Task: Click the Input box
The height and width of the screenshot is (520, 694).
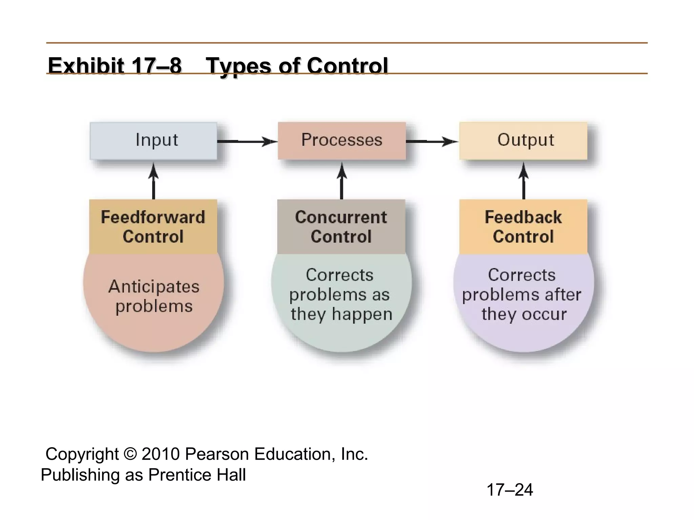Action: click(x=154, y=140)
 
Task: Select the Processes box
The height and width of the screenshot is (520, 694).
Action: click(x=342, y=140)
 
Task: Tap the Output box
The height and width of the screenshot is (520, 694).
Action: click(x=523, y=140)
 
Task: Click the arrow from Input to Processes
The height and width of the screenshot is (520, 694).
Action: click(x=247, y=141)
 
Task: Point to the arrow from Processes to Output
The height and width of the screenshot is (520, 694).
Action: click(x=432, y=141)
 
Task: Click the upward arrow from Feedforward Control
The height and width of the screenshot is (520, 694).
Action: click(x=154, y=181)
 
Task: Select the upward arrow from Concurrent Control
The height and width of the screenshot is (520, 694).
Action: click(x=342, y=181)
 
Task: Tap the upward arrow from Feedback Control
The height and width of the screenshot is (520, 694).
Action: click(x=524, y=181)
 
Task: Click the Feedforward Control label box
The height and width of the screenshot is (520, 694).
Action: click(x=153, y=226)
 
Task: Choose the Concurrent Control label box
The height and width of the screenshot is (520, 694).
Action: click(x=341, y=226)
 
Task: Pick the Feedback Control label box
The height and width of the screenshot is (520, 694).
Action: click(x=523, y=226)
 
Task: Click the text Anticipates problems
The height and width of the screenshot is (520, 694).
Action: click(x=154, y=296)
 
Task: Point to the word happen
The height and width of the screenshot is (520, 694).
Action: click(x=362, y=315)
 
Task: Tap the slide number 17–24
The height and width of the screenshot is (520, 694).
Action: click(x=510, y=490)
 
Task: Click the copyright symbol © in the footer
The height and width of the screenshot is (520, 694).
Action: click(x=130, y=454)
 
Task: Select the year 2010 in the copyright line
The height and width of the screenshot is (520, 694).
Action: click(x=161, y=454)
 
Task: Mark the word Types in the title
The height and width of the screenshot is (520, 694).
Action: click(x=239, y=66)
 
